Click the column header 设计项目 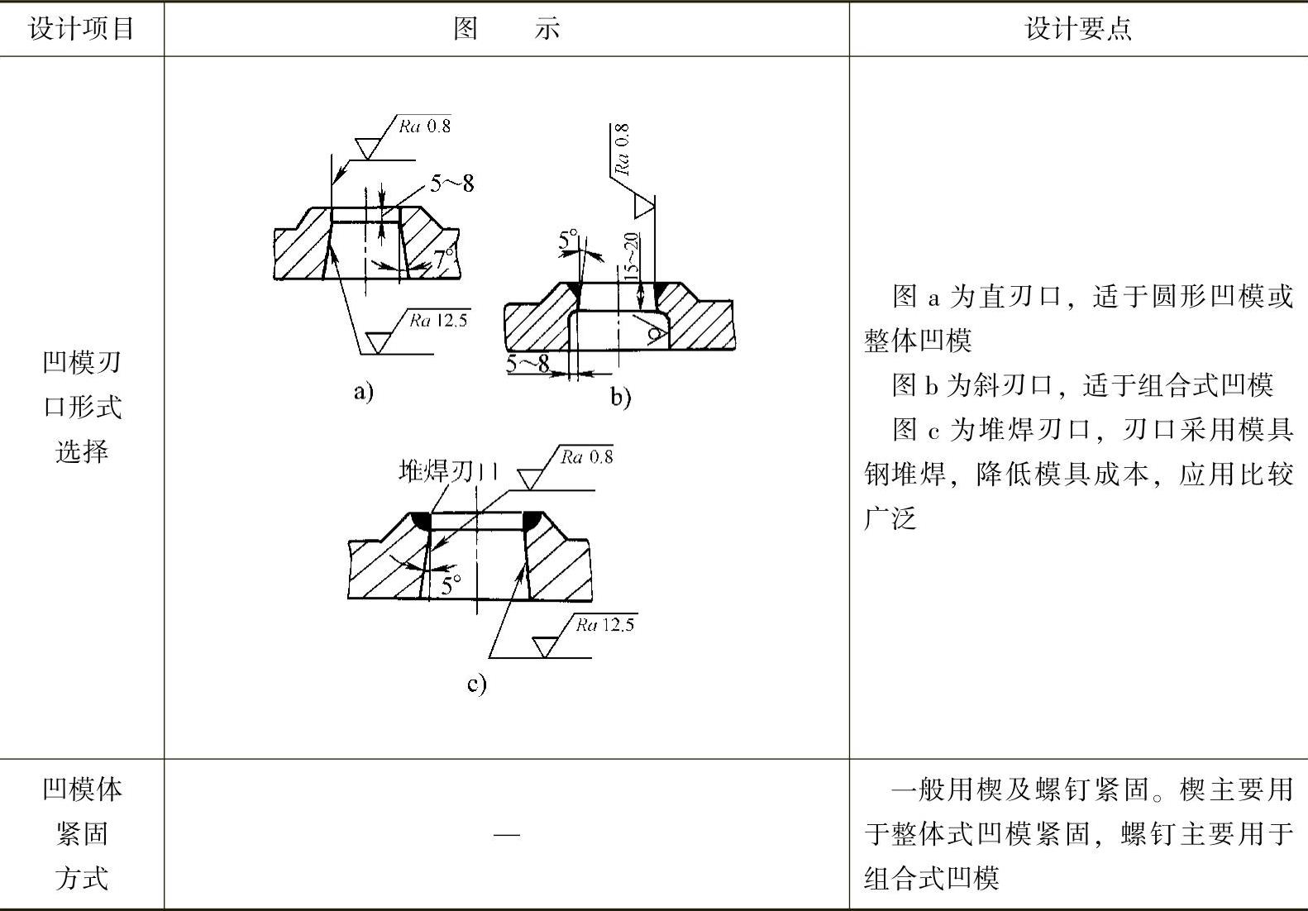coord(81,29)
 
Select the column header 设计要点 coord(1078,29)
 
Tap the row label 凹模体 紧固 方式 coord(81,833)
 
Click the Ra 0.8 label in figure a coord(425,126)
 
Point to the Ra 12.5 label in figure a coord(439,321)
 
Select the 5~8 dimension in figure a coord(451,183)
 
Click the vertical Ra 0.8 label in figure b coord(623,150)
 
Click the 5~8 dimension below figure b coord(527,364)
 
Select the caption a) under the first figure coord(364,391)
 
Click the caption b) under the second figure coord(621,398)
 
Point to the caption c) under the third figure coord(477,684)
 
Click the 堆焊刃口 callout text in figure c coord(448,471)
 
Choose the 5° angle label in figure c coord(451,585)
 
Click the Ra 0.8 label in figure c coord(587,457)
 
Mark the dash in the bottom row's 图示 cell coord(506,834)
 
